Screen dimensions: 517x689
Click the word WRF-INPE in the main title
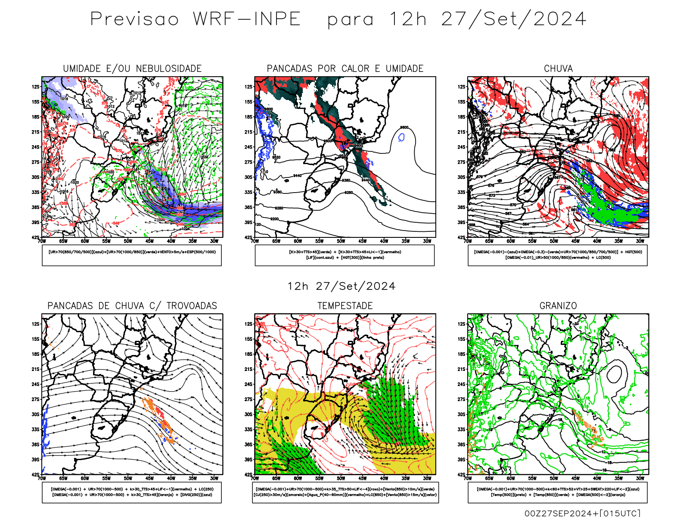pyautogui.click(x=247, y=19)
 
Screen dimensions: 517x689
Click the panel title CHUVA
pyautogui.click(x=558, y=69)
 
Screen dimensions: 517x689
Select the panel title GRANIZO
pyautogui.click(x=558, y=305)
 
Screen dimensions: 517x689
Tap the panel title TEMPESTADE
pyautogui.click(x=345, y=305)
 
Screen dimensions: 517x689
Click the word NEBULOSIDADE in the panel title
pyautogui.click(x=169, y=69)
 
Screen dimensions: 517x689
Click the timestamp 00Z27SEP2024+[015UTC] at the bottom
pyautogui.click(x=582, y=513)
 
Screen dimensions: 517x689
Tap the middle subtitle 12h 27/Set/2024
pyautogui.click(x=341, y=286)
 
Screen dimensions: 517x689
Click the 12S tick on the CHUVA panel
pyautogui.click(x=462, y=87)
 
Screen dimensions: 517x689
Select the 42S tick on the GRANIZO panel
pyautogui.click(x=462, y=475)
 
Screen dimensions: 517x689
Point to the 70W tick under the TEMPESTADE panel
pyautogui.click(x=255, y=478)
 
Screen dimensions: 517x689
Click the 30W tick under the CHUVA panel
pyautogui.click(x=640, y=241)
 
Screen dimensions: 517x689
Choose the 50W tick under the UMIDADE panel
pyautogui.click(x=128, y=241)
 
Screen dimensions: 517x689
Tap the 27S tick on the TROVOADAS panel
pyautogui.click(x=35, y=399)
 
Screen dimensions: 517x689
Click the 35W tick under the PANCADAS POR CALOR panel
pyautogui.click(x=406, y=241)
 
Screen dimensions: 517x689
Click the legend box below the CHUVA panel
pyautogui.click(x=558, y=255)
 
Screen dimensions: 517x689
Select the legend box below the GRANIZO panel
pyautogui.click(x=558, y=492)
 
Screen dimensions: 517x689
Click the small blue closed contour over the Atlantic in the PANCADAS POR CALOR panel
pyautogui.click(x=402, y=137)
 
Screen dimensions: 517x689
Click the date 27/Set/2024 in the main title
pyautogui.click(x=514, y=19)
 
